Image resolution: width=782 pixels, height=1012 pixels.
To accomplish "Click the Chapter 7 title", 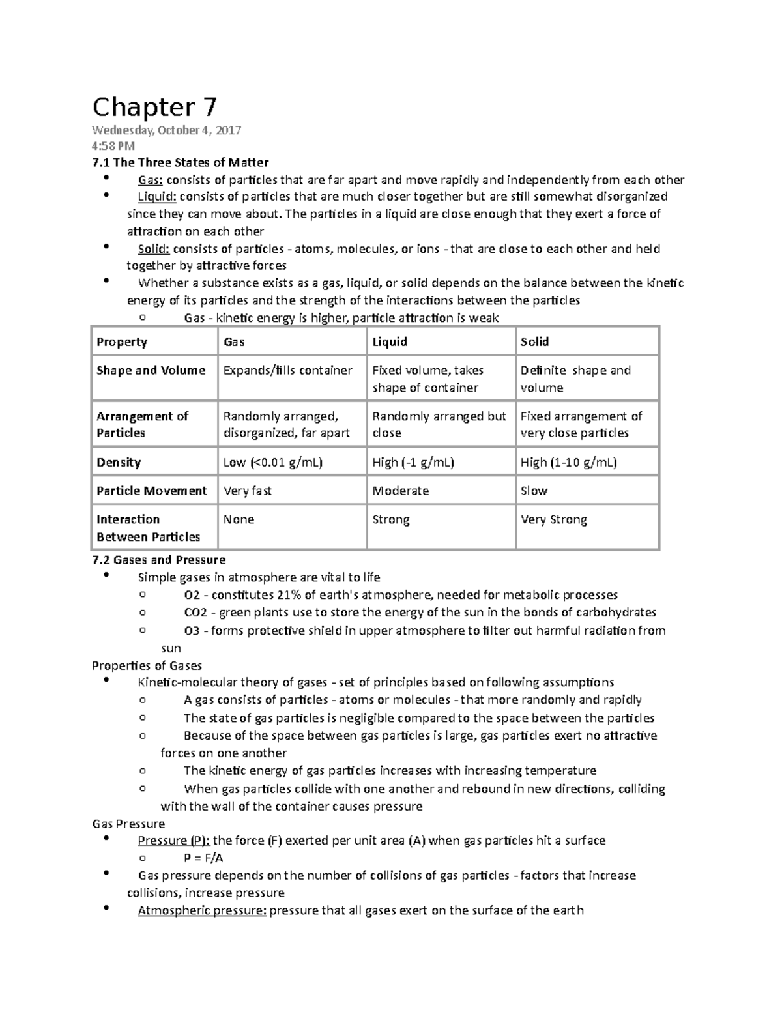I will pos(154,106).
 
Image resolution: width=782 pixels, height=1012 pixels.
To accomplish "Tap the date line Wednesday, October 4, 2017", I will pos(166,130).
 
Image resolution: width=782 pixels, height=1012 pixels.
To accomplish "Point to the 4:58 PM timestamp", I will pos(113,146).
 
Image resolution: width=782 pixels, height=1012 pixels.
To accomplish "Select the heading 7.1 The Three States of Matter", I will pos(180,162).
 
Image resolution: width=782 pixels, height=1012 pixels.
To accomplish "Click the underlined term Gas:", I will pos(150,180).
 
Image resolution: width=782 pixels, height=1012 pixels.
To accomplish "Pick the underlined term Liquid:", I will pos(157,197).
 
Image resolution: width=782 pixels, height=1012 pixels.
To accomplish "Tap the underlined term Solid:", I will pos(154,249).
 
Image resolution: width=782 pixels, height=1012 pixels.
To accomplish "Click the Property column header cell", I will pos(122,342).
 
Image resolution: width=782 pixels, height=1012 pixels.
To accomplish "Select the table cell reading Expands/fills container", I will pos(287,371).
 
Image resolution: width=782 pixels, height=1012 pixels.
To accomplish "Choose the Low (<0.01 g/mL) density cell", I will pos(273,463).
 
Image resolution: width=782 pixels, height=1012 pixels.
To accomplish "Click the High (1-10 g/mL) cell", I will pos(568,463).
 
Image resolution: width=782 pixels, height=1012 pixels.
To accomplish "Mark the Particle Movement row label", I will pos(151,491).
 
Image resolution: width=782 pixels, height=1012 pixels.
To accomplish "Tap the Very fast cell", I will pos(248,491).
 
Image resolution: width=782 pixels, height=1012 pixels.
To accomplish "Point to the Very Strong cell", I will pos(553,520).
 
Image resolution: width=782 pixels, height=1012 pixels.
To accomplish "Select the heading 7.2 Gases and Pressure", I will pos(159,560).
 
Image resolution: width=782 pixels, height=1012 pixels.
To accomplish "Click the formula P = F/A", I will pos(204,858).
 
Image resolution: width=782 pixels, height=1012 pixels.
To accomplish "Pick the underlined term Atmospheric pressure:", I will pos(202,910).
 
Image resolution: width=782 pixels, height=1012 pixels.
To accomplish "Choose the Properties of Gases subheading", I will pos(147,665).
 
